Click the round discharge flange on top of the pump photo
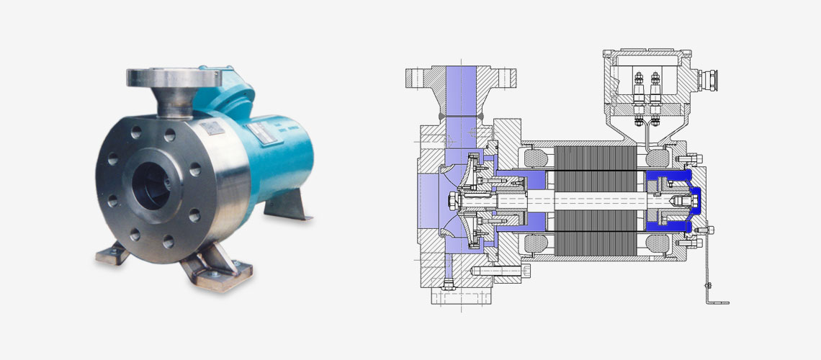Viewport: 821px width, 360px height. [164, 77]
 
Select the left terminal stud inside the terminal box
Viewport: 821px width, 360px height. [638, 90]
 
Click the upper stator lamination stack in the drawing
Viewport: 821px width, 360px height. [594, 160]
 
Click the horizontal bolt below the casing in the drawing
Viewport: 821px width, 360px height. [497, 271]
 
